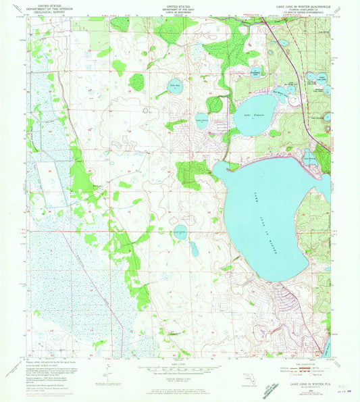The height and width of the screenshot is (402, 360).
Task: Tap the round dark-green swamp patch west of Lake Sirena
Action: tap(136, 82)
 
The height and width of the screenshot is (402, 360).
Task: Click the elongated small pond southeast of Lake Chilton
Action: tap(194, 249)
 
